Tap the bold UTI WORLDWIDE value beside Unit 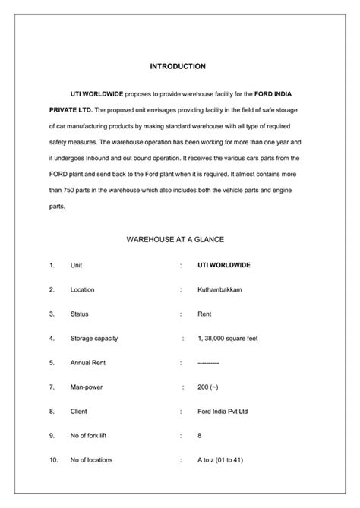click(223, 265)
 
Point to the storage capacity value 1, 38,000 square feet click(228, 338)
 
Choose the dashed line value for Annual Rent click(208, 363)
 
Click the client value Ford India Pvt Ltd click(223, 412)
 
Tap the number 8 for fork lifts click(199, 436)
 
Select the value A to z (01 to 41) click(220, 460)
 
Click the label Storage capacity click(94, 338)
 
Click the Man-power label click(86, 387)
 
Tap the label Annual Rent click(87, 363)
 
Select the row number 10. click(53, 460)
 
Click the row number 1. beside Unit click(52, 265)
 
